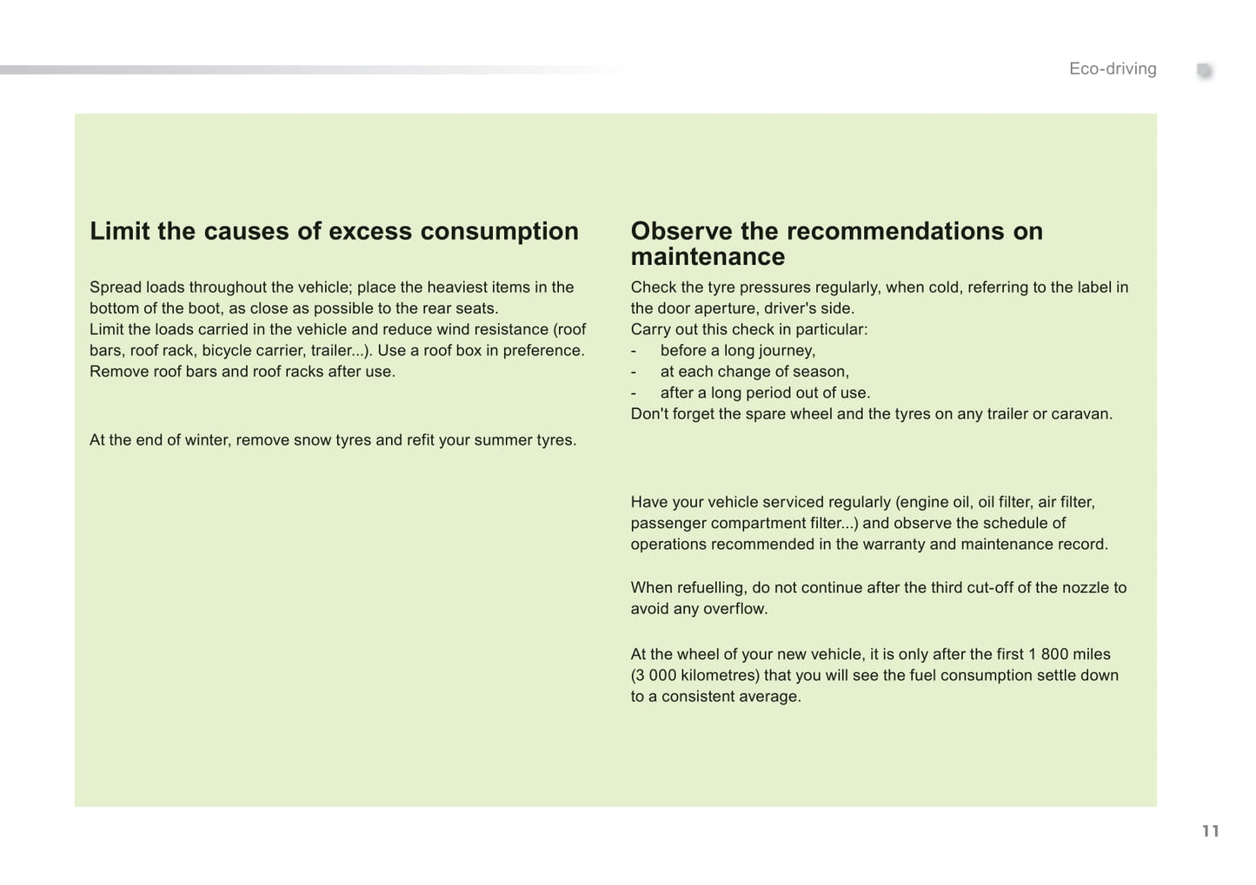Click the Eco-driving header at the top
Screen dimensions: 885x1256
click(x=1113, y=69)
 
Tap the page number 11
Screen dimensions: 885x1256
click(x=1210, y=831)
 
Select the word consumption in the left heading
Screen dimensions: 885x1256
click(x=499, y=231)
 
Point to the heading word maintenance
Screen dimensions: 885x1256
click(x=708, y=257)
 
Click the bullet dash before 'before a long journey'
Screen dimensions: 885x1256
click(x=634, y=351)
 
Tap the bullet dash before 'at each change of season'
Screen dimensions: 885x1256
click(x=634, y=372)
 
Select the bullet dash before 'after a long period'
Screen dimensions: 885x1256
click(x=634, y=393)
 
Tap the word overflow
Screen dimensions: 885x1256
click(x=737, y=609)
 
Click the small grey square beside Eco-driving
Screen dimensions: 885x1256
click(x=1204, y=70)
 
